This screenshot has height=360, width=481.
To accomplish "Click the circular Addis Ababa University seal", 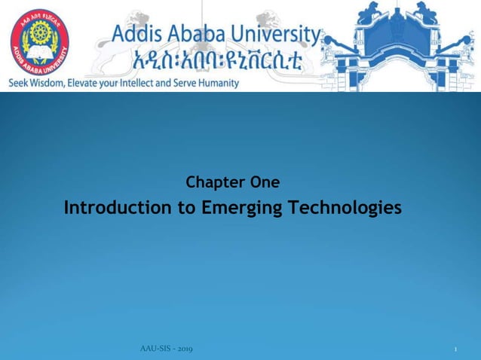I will (39, 41).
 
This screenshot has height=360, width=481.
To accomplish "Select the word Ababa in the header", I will (204, 35).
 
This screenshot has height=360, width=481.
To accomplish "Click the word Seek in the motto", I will (20, 83).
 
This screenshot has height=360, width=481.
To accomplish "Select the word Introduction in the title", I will (118, 208).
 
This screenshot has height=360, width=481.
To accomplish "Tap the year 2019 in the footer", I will (185, 349).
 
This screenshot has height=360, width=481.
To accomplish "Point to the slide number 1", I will (457, 350).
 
